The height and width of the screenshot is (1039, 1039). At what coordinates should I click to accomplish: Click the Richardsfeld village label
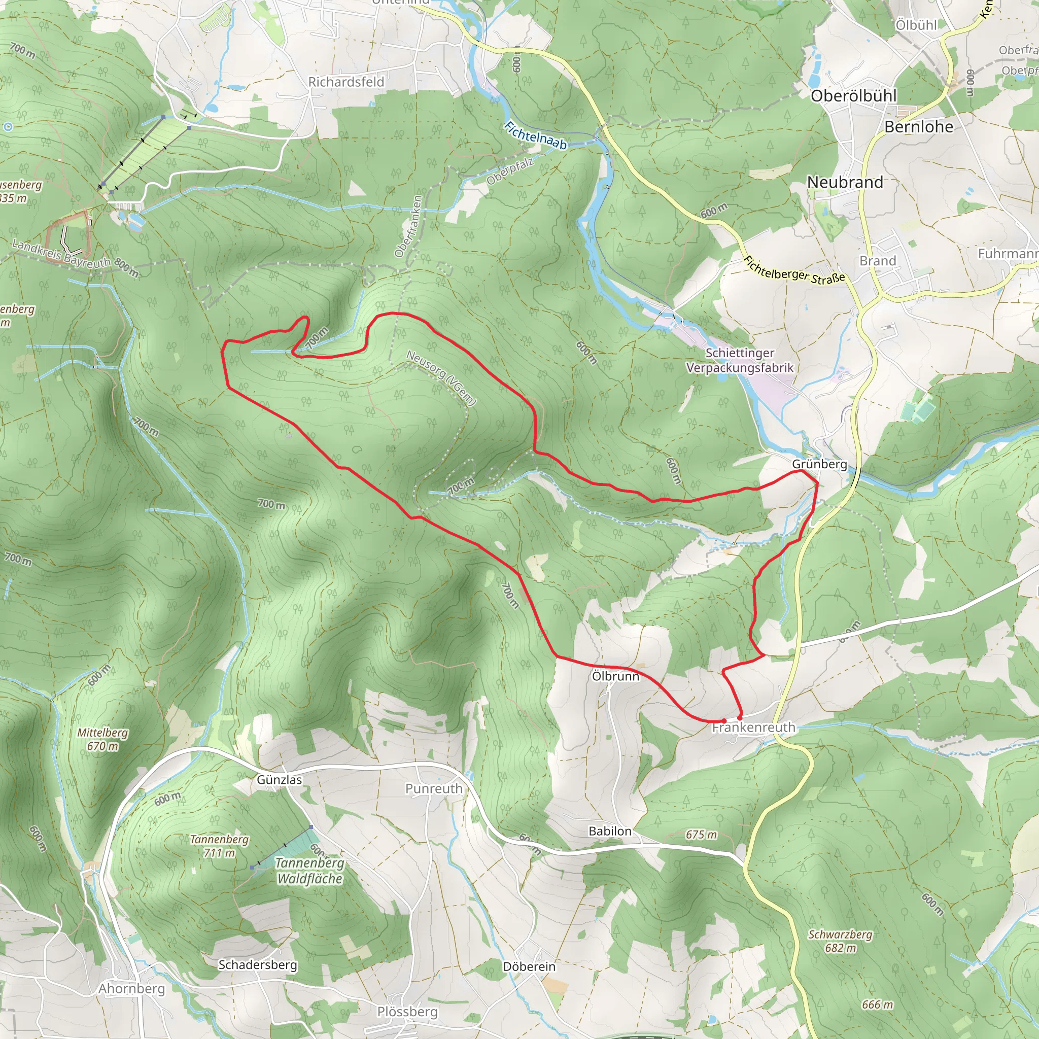point(346,82)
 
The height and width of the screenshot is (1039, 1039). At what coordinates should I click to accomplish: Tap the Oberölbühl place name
point(853,96)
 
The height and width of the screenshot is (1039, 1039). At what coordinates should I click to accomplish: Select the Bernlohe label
point(919,126)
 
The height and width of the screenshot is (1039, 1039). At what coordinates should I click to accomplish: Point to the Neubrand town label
point(845,182)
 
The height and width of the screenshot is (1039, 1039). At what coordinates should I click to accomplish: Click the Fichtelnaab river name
point(535,135)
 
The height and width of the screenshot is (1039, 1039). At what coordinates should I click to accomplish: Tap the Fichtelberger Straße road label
point(794,270)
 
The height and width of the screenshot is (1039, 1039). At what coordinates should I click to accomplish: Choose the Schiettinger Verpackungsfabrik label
point(740,360)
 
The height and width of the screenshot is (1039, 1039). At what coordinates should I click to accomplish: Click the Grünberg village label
point(819,464)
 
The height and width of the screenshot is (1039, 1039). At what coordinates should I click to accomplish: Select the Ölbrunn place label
point(615,676)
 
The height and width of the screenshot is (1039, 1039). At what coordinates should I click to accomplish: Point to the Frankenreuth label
point(753,728)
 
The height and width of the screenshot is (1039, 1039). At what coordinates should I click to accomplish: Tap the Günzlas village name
point(279,779)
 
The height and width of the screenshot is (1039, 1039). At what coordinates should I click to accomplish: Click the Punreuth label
point(433,788)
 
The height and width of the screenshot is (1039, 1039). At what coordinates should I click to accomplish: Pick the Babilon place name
point(610,831)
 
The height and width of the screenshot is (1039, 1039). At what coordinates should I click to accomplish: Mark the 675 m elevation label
point(701,835)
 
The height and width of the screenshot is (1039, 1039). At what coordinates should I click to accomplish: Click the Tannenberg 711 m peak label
point(219,846)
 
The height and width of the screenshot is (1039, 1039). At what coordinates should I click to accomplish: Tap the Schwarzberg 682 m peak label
point(840,941)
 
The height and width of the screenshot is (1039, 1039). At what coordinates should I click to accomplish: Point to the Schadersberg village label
point(258,964)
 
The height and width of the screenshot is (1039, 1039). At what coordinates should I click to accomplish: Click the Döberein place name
point(529,966)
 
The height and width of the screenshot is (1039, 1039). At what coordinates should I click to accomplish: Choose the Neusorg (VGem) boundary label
point(441,377)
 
